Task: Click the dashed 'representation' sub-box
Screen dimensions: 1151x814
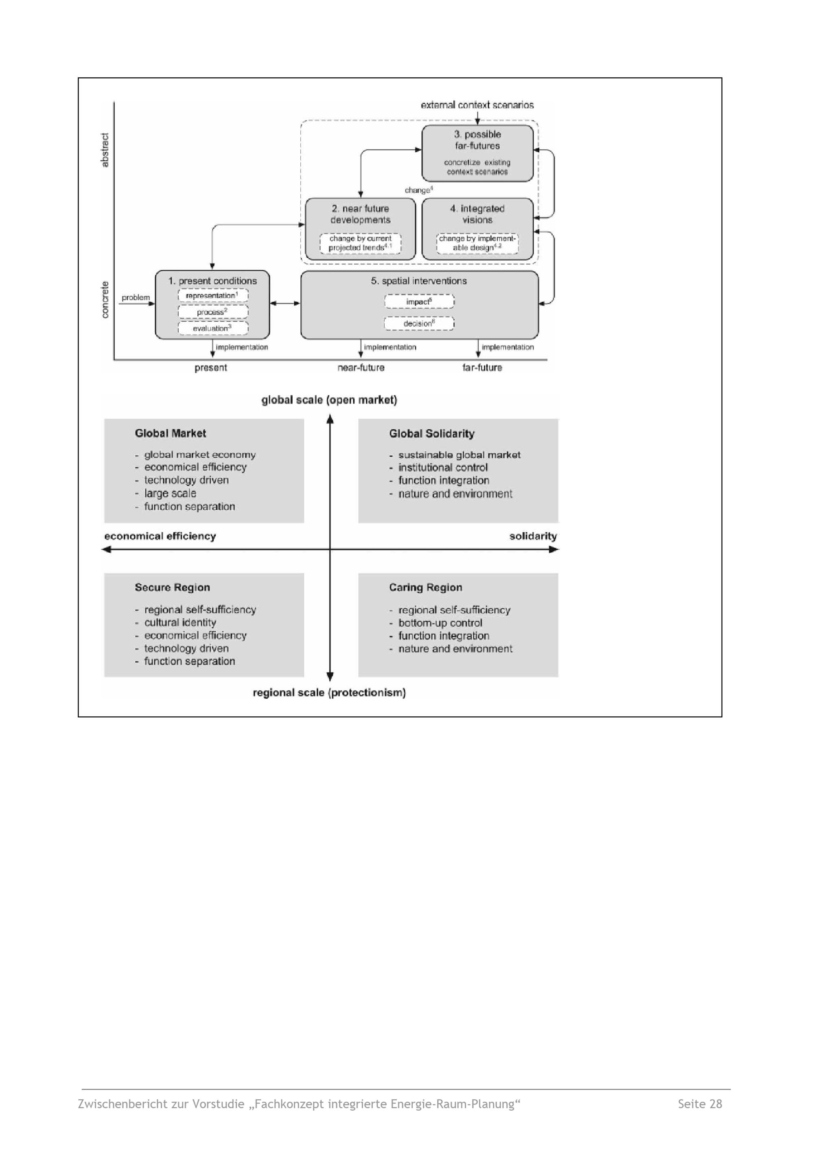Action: click(212, 296)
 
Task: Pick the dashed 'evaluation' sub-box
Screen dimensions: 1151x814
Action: click(212, 329)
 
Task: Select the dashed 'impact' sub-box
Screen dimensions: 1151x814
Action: click(419, 302)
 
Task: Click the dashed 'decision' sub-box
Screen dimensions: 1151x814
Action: click(419, 324)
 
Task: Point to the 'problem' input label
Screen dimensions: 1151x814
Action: click(136, 297)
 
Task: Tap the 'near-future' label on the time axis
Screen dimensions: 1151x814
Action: click(361, 368)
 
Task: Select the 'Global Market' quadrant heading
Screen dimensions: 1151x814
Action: click(171, 433)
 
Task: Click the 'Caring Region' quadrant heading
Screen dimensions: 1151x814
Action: click(426, 587)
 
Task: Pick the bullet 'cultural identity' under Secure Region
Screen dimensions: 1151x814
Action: click(180, 622)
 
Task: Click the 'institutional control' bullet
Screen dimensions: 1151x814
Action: click(442, 468)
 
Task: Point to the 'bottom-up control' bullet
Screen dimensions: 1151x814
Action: click(440, 623)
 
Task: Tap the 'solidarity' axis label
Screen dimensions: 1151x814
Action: click(533, 536)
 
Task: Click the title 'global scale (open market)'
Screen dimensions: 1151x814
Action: click(329, 400)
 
